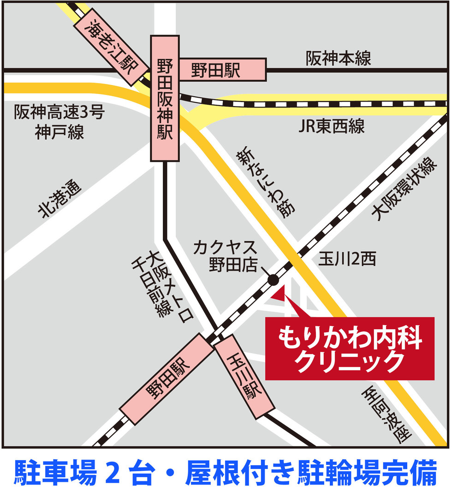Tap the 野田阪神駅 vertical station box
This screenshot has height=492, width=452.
(x=165, y=99)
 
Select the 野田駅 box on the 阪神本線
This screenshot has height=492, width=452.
(x=222, y=71)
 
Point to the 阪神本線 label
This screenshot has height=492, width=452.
(x=338, y=59)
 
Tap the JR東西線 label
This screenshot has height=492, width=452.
(x=331, y=126)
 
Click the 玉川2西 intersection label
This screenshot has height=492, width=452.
(x=347, y=260)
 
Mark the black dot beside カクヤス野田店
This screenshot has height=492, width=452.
(x=273, y=279)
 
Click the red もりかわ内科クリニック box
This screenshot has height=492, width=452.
(x=349, y=349)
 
